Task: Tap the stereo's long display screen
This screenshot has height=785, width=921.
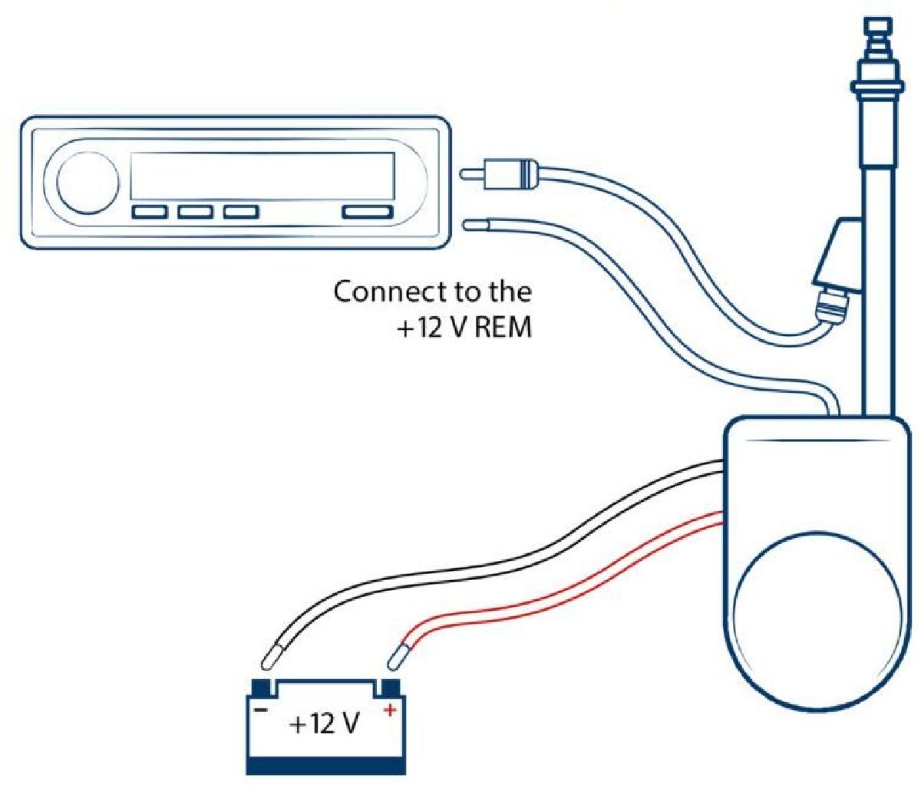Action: (262, 176)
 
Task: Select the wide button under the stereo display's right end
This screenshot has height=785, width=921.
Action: (367, 212)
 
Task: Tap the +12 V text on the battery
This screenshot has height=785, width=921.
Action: (325, 724)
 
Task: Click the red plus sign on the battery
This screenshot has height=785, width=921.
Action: (390, 711)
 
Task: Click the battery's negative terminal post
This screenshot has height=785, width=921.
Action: (261, 684)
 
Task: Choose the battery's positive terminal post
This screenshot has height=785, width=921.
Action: (390, 684)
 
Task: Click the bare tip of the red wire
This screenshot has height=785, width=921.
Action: (398, 656)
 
